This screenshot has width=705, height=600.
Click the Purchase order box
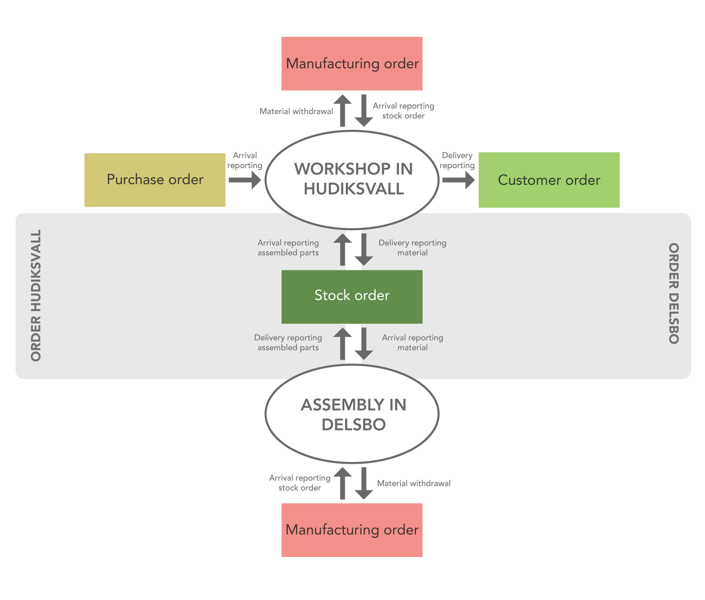click(x=155, y=180)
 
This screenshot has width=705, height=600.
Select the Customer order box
click(x=549, y=180)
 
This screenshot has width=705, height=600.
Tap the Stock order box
click(x=352, y=296)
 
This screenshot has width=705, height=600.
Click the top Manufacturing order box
click(x=352, y=64)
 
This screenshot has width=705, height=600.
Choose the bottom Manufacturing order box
click(x=352, y=530)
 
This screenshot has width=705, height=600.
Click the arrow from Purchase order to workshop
click(x=245, y=180)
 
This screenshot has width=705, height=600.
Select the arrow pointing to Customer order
click(x=458, y=180)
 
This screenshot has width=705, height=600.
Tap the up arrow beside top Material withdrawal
click(x=343, y=110)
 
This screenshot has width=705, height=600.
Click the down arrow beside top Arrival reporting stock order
click(x=364, y=111)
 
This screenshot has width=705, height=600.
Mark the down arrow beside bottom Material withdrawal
click(x=364, y=484)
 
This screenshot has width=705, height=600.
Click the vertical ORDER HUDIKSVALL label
click(x=36, y=295)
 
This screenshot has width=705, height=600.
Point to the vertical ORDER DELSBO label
click(x=674, y=293)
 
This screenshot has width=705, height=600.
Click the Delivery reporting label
click(x=457, y=160)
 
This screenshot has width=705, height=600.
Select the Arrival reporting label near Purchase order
click(x=245, y=160)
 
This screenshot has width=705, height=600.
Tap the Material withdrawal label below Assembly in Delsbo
click(x=413, y=483)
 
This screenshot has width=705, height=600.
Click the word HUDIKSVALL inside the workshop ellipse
click(x=354, y=189)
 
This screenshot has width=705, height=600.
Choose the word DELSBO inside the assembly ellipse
click(x=354, y=424)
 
